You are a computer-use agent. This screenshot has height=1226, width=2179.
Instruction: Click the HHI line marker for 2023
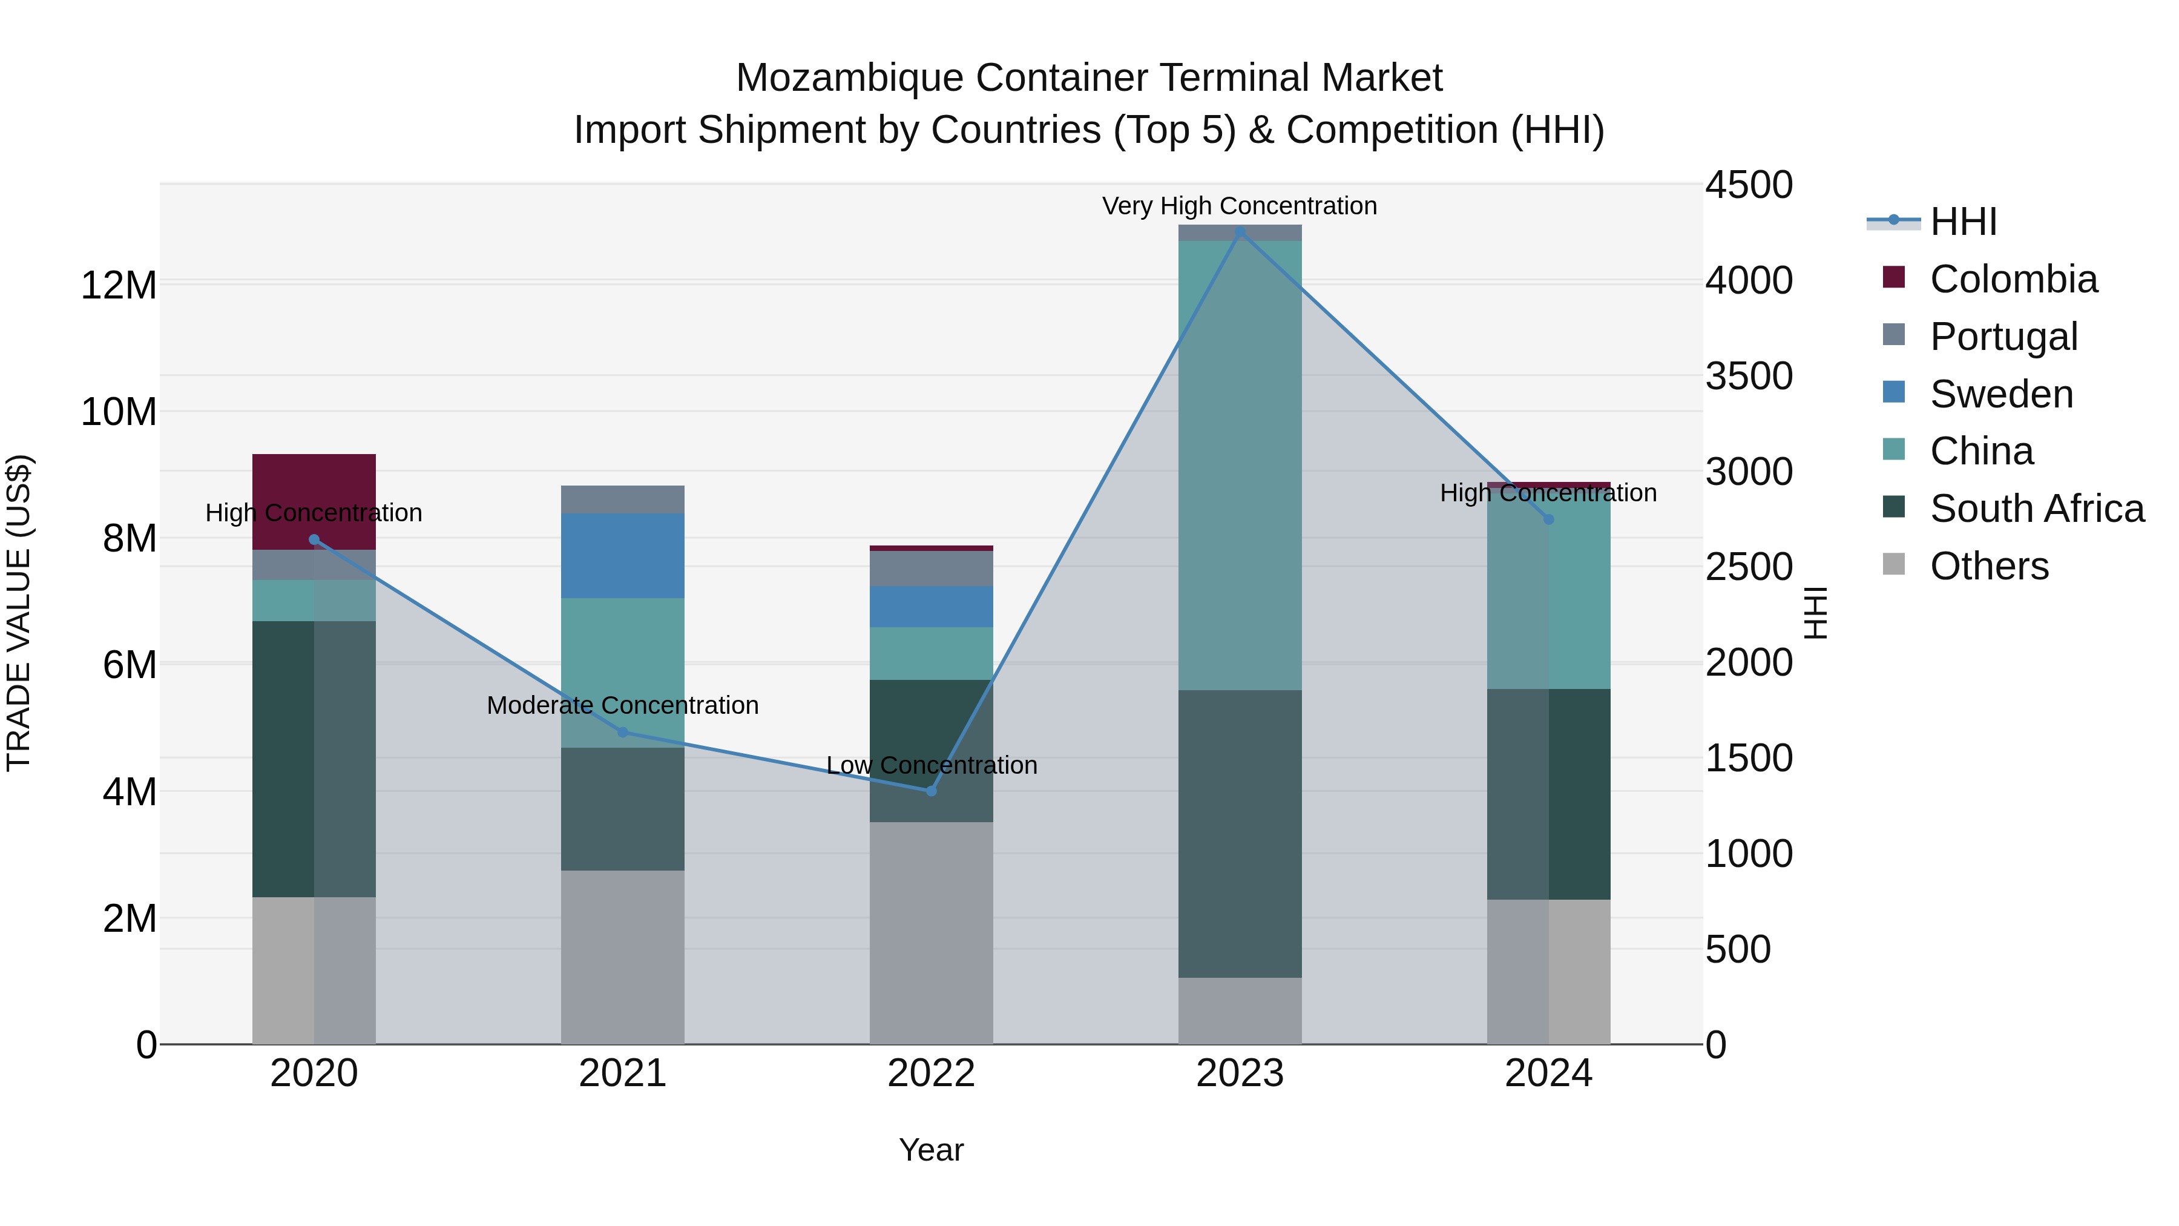1240,232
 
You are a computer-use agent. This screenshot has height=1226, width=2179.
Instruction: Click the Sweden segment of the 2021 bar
623,556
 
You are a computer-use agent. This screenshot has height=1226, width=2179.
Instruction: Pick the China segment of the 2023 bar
1240,466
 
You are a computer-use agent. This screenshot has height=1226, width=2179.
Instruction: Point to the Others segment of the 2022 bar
932,932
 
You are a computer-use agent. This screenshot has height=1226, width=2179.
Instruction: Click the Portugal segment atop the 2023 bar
1240,232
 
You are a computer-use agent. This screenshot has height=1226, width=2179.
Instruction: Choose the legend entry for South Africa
2037,509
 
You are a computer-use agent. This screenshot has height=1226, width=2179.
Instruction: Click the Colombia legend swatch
1894,277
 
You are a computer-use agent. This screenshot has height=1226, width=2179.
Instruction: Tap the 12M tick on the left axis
119,285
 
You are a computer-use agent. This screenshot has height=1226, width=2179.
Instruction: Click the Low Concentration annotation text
932,765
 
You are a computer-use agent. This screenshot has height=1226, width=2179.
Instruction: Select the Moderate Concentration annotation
623,705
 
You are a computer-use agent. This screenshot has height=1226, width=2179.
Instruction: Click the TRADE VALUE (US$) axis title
19,613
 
